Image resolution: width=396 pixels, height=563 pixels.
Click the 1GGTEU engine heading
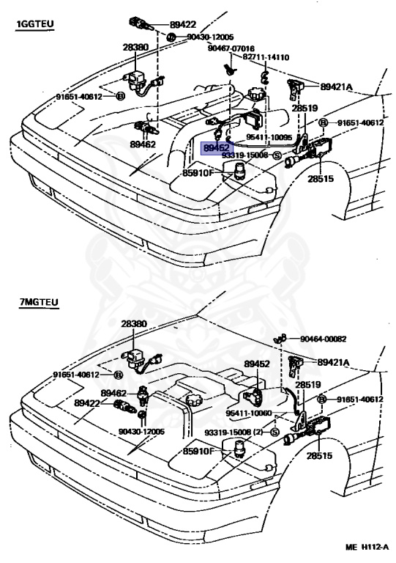(34, 24)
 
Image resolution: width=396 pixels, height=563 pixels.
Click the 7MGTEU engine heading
(39, 302)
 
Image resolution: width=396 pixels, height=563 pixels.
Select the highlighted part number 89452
(217, 147)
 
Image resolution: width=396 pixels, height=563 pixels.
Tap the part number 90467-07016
(231, 48)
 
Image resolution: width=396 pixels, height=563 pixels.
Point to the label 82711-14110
(266, 57)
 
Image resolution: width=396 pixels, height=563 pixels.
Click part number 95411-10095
(269, 137)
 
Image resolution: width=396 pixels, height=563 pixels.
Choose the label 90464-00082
(324, 339)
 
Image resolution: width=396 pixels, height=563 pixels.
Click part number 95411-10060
(249, 413)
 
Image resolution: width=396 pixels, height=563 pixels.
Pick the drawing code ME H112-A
(367, 547)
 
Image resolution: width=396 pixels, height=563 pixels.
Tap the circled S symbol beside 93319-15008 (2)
(275, 433)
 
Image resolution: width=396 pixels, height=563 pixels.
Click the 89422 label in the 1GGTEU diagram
(183, 24)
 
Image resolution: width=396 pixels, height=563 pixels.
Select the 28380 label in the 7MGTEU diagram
(134, 324)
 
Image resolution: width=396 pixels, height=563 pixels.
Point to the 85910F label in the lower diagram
(198, 451)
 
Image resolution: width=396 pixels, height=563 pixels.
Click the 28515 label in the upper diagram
(320, 178)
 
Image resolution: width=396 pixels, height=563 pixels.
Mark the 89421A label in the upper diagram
(336, 87)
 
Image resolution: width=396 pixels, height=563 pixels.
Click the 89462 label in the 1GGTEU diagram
(143, 144)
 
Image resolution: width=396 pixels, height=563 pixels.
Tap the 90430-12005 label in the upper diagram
(210, 37)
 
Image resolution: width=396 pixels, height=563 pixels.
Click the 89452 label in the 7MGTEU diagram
(257, 364)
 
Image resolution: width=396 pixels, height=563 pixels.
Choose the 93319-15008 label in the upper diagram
(245, 155)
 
